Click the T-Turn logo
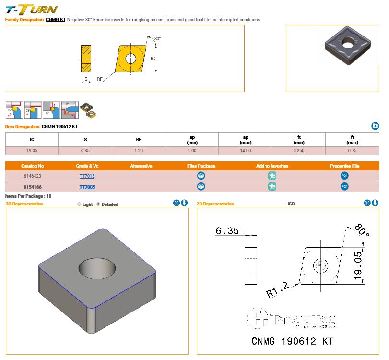click(x=31, y=9)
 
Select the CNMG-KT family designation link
click(x=56, y=20)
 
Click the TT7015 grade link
click(x=87, y=176)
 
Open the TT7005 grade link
click(x=87, y=187)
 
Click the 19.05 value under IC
click(x=32, y=151)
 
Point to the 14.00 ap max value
click(x=245, y=151)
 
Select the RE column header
click(x=139, y=140)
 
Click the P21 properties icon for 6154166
click(x=344, y=187)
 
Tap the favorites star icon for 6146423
click(x=272, y=176)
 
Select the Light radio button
click(x=79, y=204)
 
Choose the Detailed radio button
click(x=99, y=204)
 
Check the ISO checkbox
click(x=284, y=204)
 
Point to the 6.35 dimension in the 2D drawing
click(x=227, y=231)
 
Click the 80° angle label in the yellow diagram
click(x=158, y=39)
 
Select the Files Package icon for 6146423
click(x=201, y=176)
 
